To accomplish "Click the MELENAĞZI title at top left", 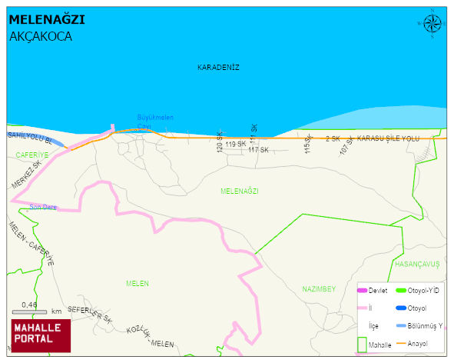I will tap(47, 19).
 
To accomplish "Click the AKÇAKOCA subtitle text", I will tap(41, 36).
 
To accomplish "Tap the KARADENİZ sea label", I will tap(218, 68).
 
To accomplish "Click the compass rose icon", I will tap(432, 25).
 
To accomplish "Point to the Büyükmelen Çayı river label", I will tap(155, 122).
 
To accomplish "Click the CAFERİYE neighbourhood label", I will tap(31, 155).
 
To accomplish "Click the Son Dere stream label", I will tap(43, 206).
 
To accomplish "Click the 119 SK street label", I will tap(235, 144).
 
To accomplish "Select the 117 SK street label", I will tap(258, 150).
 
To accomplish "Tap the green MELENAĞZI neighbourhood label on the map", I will tap(239, 191).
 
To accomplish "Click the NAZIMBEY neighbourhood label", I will tap(319, 289).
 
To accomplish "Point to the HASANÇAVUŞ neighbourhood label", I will tap(417, 263).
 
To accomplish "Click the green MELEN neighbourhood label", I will tap(137, 284).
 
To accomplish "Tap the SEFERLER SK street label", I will tap(91, 314).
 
